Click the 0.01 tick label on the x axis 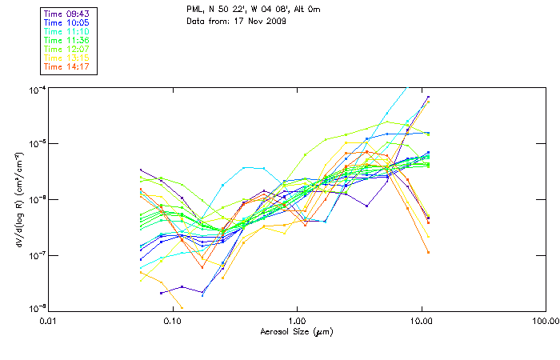(x=49, y=321)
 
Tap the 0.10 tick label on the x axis (x=173, y=321)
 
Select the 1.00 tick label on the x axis (x=298, y=321)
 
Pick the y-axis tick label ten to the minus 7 (x=37, y=254)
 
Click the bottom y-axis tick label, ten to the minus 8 (x=37, y=308)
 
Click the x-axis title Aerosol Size (x=297, y=331)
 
